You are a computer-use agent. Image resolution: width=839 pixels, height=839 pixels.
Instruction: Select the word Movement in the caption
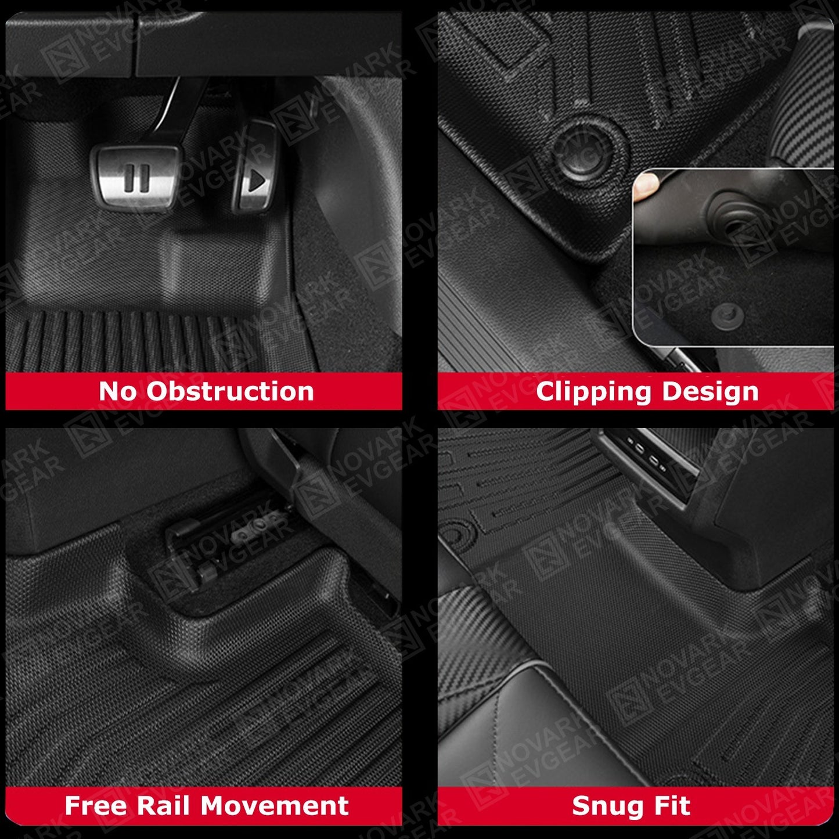[275, 806]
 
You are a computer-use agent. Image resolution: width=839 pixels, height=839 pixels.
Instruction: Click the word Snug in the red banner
[603, 806]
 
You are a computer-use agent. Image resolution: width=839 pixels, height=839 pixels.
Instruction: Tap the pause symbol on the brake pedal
[137, 178]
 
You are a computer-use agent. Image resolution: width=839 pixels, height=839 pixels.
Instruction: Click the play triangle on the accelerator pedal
[257, 182]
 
